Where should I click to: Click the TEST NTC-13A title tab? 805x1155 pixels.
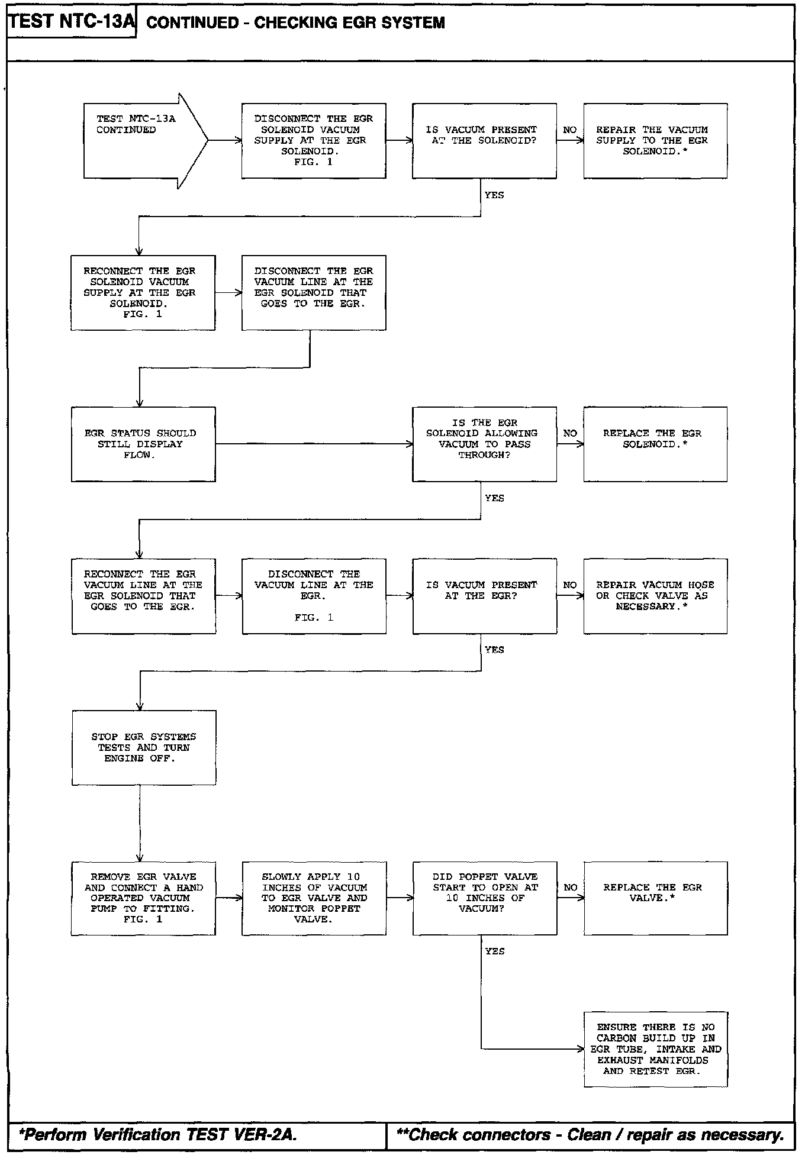[x=72, y=22]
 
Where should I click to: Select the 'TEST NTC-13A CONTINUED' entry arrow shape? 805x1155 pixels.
[x=146, y=141]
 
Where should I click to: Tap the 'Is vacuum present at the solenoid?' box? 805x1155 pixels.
[x=484, y=141]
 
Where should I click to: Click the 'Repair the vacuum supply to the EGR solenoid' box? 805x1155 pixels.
[x=655, y=141]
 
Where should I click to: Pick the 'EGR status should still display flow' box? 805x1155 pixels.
[x=143, y=444]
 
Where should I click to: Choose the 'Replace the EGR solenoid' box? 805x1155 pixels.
[x=655, y=444]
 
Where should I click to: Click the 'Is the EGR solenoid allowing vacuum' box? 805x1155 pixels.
[x=484, y=444]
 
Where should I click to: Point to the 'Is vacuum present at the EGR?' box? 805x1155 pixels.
[x=484, y=596]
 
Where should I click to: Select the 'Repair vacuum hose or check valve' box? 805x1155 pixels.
[x=655, y=596]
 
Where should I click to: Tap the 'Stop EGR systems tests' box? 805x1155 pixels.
[x=144, y=748]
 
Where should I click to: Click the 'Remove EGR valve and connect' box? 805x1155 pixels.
[x=143, y=898]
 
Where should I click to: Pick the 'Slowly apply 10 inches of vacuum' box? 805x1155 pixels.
[x=314, y=898]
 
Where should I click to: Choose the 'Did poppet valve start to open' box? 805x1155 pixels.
[x=485, y=898]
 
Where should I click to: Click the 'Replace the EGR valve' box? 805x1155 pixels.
[x=655, y=898]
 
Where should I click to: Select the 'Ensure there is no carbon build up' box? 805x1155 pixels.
[x=655, y=1049]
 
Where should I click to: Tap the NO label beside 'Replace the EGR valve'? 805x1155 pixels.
[x=570, y=887]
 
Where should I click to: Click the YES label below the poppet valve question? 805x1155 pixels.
[x=495, y=951]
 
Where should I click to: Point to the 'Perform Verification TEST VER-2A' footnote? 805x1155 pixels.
[x=158, y=1134]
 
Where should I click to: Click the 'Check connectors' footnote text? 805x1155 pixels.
[x=590, y=1134]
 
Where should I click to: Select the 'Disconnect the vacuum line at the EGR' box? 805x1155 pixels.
[x=314, y=596]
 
